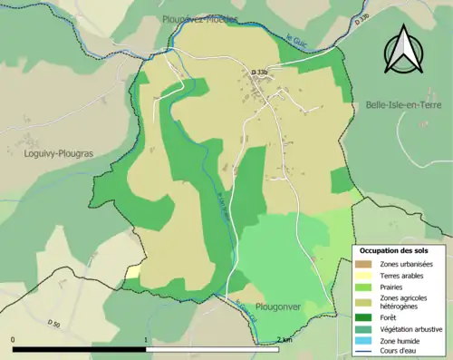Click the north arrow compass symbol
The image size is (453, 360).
click(x=403, y=49)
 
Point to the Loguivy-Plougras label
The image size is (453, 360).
click(x=54, y=154)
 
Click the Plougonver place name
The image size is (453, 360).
click(x=278, y=307)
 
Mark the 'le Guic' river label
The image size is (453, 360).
click(x=297, y=40)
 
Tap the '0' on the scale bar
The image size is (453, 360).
click(x=14, y=339)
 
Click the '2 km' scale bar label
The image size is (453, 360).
click(x=284, y=339)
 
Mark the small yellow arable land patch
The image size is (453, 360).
click(x=133, y=271)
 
